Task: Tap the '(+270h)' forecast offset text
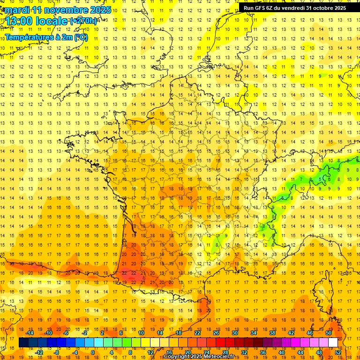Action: click(x=83, y=21)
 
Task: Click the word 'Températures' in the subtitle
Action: click(x=29, y=37)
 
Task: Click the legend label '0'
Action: click(x=93, y=352)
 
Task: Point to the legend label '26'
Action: click(x=216, y=333)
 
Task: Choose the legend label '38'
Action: click(x=272, y=333)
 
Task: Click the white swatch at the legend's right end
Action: click(x=333, y=343)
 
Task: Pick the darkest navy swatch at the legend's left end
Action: click(x=23, y=343)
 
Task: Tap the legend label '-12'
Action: click(x=39, y=352)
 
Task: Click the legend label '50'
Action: click(x=329, y=333)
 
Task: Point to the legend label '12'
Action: click(x=150, y=352)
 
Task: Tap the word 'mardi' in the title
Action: click(x=17, y=10)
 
